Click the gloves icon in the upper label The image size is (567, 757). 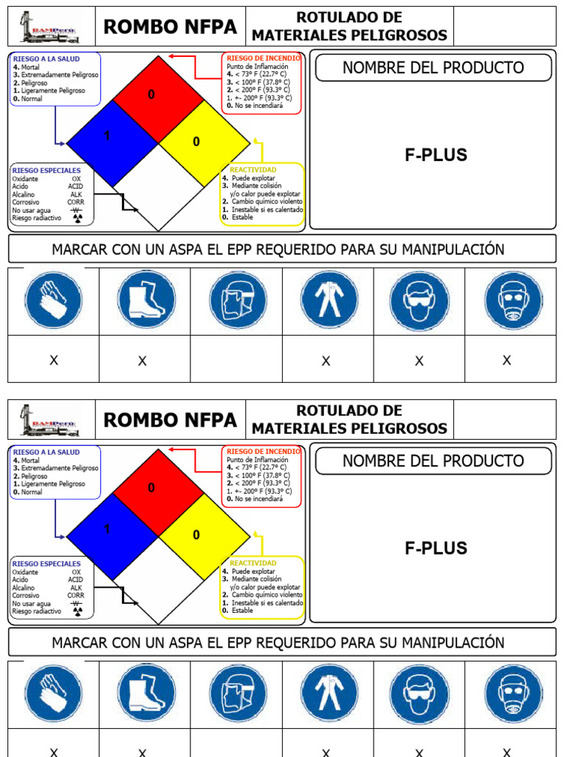pyautogui.click(x=53, y=301)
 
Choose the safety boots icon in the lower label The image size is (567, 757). pyautogui.click(x=145, y=693)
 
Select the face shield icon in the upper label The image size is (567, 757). pyautogui.click(x=238, y=301)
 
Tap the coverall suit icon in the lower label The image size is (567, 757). pyautogui.click(x=329, y=693)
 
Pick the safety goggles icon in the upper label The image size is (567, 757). pyautogui.click(x=419, y=301)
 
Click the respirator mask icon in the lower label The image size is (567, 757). pyautogui.click(x=512, y=693)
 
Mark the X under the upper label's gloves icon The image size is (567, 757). pyautogui.click(x=53, y=361)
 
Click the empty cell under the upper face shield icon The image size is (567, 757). pyautogui.click(x=236, y=359)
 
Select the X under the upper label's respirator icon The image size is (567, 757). pyautogui.click(x=506, y=361)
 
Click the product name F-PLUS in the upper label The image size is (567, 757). pyautogui.click(x=436, y=155)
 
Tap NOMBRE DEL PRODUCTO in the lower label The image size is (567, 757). pyautogui.click(x=433, y=461)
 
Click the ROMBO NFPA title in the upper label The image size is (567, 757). pyautogui.click(x=171, y=27)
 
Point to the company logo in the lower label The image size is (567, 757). pyautogui.click(x=50, y=420)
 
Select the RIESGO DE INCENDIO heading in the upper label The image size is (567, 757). pyautogui.click(x=263, y=58)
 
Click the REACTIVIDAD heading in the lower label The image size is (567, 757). pyautogui.click(x=252, y=563)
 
